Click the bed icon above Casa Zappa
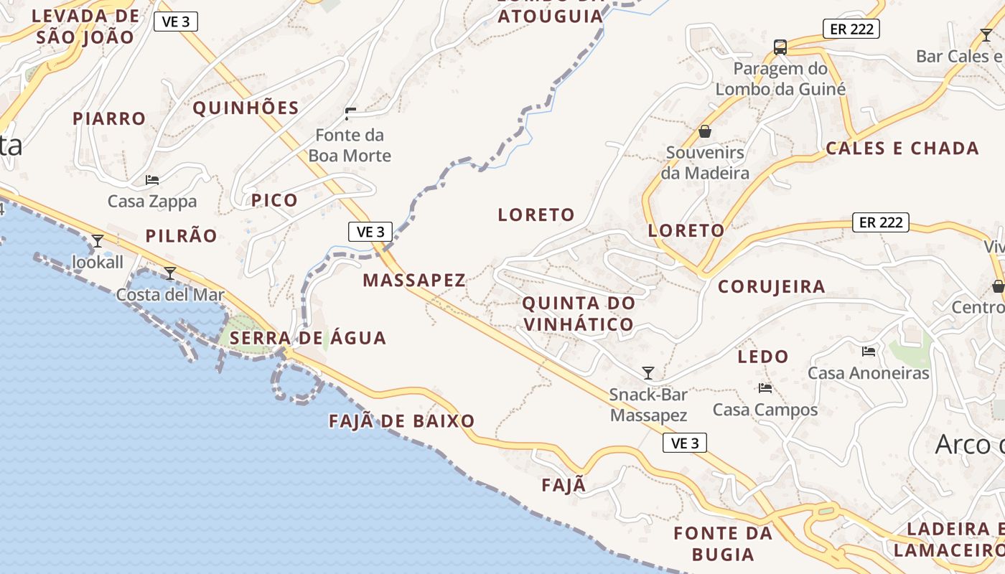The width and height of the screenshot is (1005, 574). point(152,179)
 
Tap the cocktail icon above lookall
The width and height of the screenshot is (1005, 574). point(98,240)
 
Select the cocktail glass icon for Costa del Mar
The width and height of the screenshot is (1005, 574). point(170,273)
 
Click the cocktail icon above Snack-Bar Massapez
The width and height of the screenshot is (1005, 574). point(648,372)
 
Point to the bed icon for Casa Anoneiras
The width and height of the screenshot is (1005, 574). point(869,352)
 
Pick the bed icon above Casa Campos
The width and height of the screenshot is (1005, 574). point(765,388)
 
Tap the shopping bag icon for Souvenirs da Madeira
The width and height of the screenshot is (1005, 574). point(705,131)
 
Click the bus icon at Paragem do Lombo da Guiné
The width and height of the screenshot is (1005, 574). point(780,47)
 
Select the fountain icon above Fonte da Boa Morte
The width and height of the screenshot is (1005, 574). point(350,113)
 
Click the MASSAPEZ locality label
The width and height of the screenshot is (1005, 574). point(414,280)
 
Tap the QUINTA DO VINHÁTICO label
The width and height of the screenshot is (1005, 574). point(579,314)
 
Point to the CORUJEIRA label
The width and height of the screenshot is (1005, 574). point(772,286)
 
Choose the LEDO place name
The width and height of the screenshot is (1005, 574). point(763,356)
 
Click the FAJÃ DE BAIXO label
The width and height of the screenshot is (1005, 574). point(402,421)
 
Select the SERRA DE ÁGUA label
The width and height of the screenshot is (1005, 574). point(309,337)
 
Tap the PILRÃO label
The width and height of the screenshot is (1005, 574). point(181,236)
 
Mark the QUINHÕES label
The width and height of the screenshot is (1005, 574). point(246,108)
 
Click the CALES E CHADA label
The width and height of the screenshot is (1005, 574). point(902,149)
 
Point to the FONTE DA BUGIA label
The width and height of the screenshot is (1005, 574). point(723,543)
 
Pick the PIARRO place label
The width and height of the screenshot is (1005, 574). point(109,118)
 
